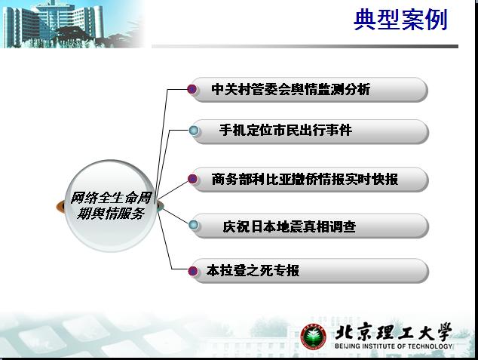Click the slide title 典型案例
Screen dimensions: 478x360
coord(400,20)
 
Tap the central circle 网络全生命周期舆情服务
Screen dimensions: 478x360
coord(110,206)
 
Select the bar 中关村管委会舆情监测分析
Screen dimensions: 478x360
coord(308,89)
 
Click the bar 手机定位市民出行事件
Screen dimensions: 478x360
coord(309,131)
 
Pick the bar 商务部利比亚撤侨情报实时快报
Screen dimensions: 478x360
coord(309,179)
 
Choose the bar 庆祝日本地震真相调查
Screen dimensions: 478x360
coord(309,226)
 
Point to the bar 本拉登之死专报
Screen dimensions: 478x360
coord(309,271)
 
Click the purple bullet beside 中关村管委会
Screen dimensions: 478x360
coord(192,89)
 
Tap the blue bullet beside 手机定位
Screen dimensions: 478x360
coord(193,131)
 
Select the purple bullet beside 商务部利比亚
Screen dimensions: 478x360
coord(192,179)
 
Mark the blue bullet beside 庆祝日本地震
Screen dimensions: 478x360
coord(193,226)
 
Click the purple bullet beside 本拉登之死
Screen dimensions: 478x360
coord(193,271)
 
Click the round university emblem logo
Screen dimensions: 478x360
coord(314,337)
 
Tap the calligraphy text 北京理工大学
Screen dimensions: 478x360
coord(394,332)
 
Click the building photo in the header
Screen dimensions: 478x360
coord(72,24)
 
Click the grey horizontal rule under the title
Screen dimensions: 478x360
coord(305,46)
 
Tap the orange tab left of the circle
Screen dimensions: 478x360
coord(60,207)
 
